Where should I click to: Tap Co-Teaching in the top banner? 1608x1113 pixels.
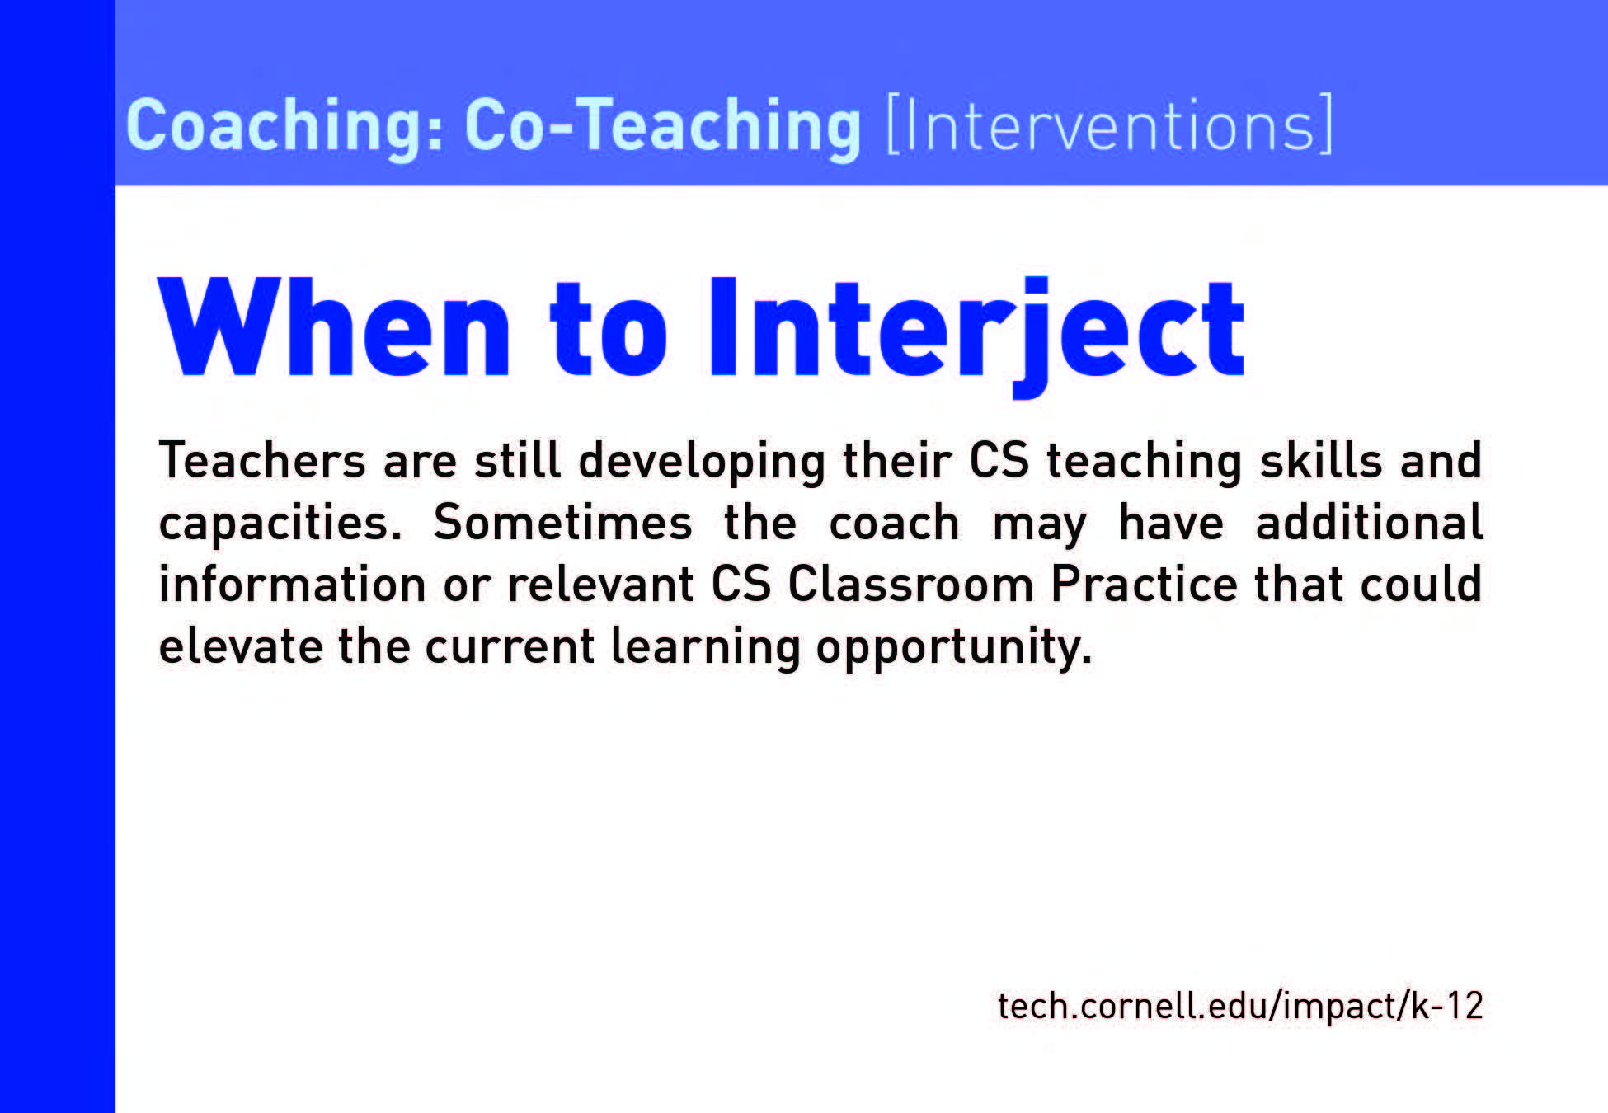point(663,126)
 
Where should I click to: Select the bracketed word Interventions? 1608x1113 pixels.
point(1109,124)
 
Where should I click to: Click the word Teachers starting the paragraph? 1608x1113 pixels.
point(262,460)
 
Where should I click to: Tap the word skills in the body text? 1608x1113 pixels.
point(1321,460)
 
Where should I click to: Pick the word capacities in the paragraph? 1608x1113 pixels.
point(280,524)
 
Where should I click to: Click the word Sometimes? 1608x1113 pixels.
point(563,523)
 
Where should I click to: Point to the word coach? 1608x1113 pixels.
point(894,523)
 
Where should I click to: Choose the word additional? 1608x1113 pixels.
point(1370,523)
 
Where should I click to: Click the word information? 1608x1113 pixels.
point(293,585)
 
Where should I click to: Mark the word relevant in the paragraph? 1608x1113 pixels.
point(601,585)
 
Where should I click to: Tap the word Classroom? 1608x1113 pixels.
point(911,585)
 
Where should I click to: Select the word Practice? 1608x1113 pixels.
point(1145,585)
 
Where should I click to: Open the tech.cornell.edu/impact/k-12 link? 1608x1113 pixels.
point(1240,1006)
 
